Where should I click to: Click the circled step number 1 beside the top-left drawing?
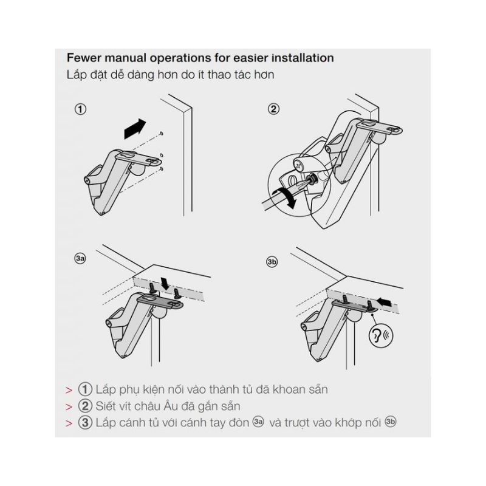pos(81,109)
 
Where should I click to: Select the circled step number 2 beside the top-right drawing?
pos(274,109)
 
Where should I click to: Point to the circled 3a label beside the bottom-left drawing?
pos(80,259)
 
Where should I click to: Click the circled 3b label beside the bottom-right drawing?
pos(272,262)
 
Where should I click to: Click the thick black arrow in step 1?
pos(135,129)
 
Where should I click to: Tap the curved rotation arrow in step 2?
pos(284,197)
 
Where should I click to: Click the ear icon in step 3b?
pos(381,335)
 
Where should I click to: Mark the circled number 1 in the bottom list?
pos(85,389)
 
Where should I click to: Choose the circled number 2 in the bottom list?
pos(85,406)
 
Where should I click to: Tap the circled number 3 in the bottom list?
pos(85,423)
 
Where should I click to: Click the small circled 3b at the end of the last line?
pos(391,422)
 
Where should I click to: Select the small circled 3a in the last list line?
pos(258,422)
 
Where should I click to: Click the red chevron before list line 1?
pos(69,390)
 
